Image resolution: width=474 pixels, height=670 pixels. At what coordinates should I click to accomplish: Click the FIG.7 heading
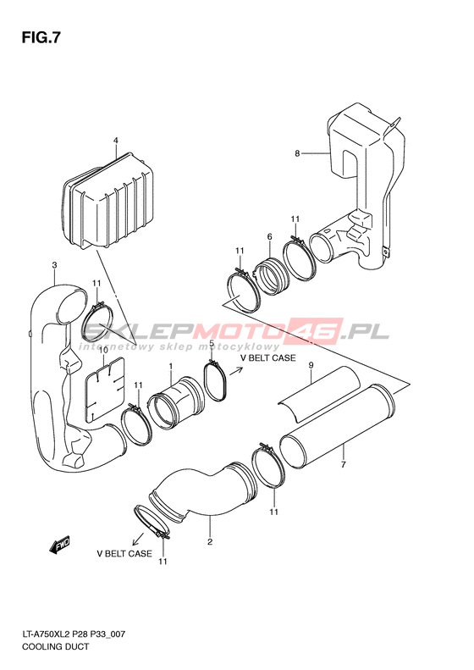(x=41, y=38)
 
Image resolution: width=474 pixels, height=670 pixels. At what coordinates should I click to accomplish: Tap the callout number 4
(x=115, y=141)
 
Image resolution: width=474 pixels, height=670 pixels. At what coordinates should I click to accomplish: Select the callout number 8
(x=297, y=153)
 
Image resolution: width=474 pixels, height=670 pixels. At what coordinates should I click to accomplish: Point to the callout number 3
(x=54, y=265)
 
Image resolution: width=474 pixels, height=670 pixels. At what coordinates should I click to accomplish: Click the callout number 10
(x=103, y=351)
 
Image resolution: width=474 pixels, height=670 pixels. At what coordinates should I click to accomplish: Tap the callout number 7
(x=343, y=464)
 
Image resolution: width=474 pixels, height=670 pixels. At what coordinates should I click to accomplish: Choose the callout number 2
(x=210, y=542)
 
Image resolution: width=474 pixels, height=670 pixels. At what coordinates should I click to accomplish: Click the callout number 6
(x=269, y=236)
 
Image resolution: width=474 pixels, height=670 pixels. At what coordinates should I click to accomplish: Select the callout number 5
(x=211, y=343)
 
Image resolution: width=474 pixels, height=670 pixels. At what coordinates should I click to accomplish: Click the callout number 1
(x=170, y=367)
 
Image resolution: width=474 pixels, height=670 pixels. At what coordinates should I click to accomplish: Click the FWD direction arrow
(x=60, y=545)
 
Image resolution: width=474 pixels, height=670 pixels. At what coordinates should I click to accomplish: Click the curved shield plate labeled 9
(x=319, y=393)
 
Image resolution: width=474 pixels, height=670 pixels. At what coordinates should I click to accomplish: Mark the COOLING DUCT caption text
(x=56, y=646)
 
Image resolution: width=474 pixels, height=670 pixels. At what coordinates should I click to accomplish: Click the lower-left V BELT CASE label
(x=124, y=553)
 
